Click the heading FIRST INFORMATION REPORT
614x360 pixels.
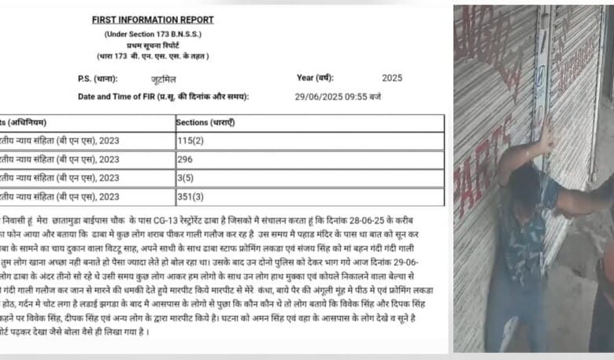[x=152, y=20]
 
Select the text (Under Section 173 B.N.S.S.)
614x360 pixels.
[x=153, y=34]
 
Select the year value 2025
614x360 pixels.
[x=392, y=78]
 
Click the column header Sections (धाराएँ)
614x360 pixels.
[x=205, y=123]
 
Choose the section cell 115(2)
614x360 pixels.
[x=193, y=141]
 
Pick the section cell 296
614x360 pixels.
[x=187, y=159]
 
